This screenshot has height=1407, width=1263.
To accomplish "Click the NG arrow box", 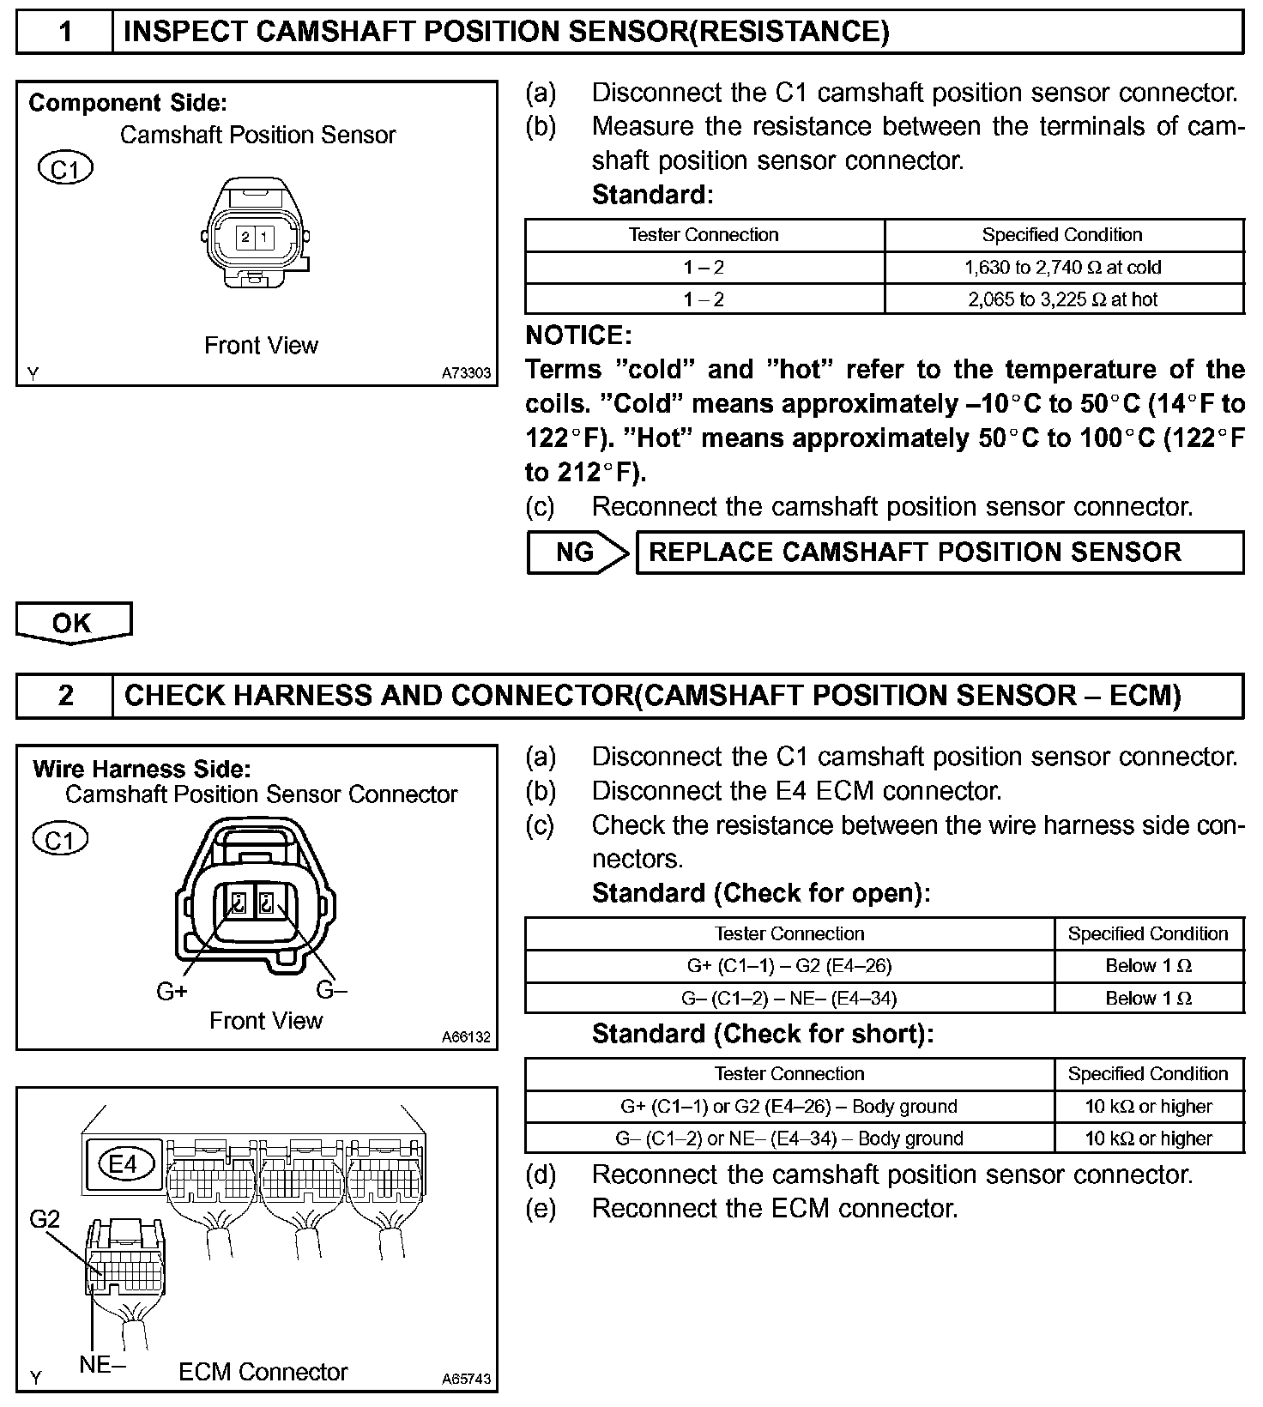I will [575, 553].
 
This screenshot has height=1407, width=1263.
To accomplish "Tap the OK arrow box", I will [73, 622].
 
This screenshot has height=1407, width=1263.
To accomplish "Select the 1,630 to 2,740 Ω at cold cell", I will [1063, 268].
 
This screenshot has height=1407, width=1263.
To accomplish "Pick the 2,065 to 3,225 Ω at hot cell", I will [1063, 299].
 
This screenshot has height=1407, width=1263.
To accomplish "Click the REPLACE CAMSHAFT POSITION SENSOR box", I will [940, 553].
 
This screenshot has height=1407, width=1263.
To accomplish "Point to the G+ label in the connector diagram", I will [172, 992].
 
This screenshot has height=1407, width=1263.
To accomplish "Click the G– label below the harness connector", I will [332, 990].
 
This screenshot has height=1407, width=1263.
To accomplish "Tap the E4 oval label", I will [123, 1164].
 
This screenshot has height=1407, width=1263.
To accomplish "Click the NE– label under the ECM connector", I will [102, 1364].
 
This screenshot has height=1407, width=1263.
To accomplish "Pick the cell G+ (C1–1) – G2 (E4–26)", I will [789, 966].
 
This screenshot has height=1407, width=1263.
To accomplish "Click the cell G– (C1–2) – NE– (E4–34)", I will [789, 998].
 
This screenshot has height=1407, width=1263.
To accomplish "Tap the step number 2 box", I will [65, 695].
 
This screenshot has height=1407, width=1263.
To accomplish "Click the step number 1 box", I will [65, 32].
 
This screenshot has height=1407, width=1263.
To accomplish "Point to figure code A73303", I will [467, 373].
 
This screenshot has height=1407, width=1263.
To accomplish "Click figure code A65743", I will [467, 1380].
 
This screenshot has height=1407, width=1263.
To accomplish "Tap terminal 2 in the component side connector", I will [245, 238].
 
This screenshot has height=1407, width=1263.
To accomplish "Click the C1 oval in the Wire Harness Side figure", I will [60, 840].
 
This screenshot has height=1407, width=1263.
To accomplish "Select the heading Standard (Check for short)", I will [762, 1034].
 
